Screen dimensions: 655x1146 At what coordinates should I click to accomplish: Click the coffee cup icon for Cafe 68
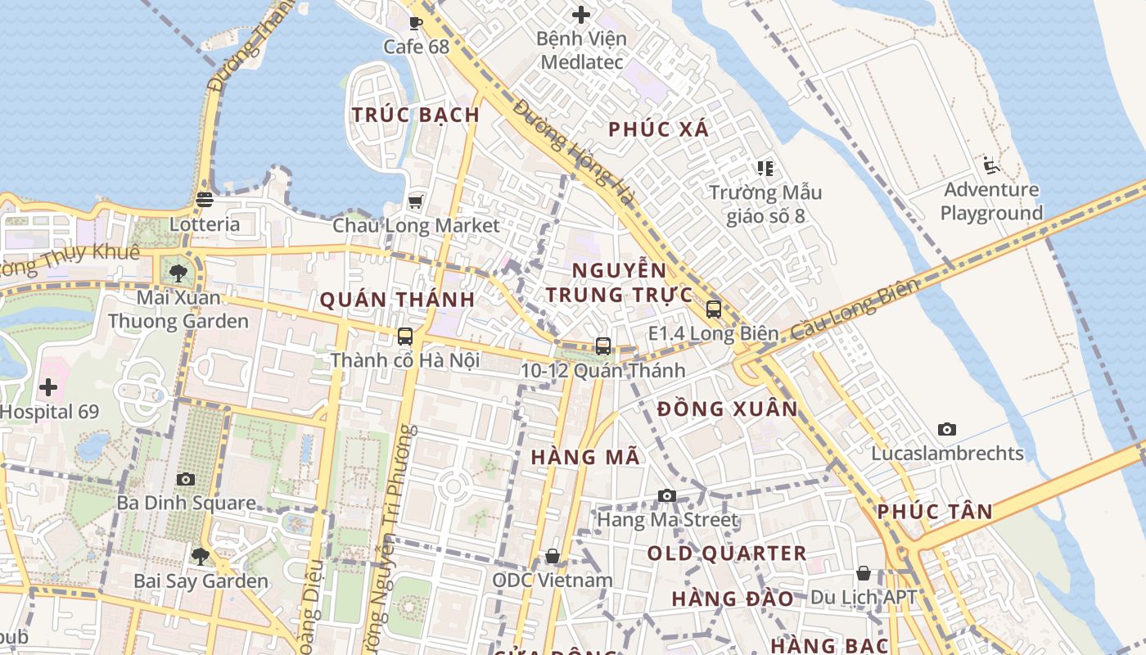[x=415, y=23]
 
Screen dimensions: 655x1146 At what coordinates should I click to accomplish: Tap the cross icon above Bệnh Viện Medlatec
[x=581, y=15]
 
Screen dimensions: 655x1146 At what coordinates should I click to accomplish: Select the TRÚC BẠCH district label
[x=416, y=115]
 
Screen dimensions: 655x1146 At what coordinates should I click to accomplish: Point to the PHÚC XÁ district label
[x=659, y=129]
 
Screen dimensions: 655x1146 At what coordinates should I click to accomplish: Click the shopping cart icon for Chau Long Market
[x=415, y=201]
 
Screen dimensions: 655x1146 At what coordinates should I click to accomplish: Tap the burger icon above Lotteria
[x=205, y=199]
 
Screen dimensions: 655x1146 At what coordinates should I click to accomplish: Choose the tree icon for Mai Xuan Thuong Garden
[x=178, y=273]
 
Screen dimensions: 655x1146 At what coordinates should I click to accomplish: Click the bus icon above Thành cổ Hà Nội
[x=404, y=336]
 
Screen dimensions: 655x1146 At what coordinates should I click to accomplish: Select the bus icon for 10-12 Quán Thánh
[x=603, y=346]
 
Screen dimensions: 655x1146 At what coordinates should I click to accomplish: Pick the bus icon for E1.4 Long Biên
[x=713, y=309]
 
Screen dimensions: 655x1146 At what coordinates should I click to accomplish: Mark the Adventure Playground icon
[x=991, y=165]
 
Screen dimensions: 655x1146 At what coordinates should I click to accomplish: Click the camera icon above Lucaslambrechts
[x=947, y=429]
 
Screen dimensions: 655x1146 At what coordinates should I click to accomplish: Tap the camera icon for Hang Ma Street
[x=667, y=495]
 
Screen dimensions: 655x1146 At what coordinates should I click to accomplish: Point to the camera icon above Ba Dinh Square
[x=186, y=479]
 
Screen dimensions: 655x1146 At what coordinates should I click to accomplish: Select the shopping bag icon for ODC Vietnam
[x=553, y=557]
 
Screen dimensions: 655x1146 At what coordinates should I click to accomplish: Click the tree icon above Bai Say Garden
[x=200, y=557]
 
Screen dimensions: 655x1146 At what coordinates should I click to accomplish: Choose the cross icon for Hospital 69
[x=48, y=386]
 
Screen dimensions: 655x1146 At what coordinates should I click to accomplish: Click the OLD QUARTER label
[x=727, y=553]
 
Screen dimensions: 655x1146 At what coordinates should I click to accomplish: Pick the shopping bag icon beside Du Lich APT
[x=863, y=573]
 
